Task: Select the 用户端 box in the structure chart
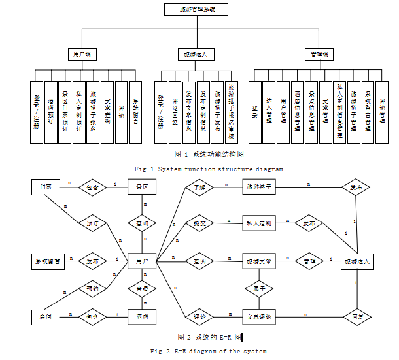click(x=82, y=54)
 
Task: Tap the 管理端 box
click(x=320, y=54)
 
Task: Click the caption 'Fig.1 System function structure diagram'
click(x=209, y=169)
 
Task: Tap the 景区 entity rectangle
click(x=142, y=187)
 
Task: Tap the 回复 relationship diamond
click(x=357, y=317)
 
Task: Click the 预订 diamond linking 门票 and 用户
click(x=91, y=223)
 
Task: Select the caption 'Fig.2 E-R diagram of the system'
click(x=209, y=351)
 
